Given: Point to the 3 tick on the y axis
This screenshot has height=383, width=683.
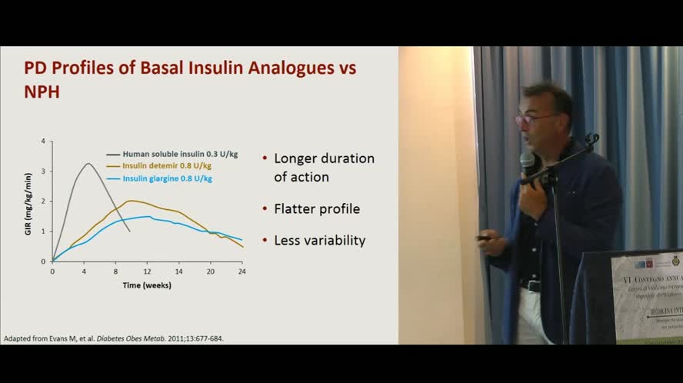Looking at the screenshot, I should [43, 171].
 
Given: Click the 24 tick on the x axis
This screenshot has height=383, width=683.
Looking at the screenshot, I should [242, 271].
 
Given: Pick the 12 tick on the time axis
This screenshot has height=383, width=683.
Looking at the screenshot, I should [147, 271].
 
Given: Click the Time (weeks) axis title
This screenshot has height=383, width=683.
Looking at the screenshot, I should [147, 285].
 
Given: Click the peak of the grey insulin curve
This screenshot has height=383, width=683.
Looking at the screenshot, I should [88, 163].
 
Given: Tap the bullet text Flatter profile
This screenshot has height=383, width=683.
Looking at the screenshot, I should [317, 209].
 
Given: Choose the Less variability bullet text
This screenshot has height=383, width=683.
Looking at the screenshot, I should [320, 241].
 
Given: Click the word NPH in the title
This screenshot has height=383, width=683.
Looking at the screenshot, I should [42, 92].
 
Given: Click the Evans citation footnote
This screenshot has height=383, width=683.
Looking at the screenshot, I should [114, 338].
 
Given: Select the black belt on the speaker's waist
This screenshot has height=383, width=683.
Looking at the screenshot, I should [531, 285].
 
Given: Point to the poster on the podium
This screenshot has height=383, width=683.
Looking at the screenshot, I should [646, 296].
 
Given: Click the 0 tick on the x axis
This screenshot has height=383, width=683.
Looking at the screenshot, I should [52, 271].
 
